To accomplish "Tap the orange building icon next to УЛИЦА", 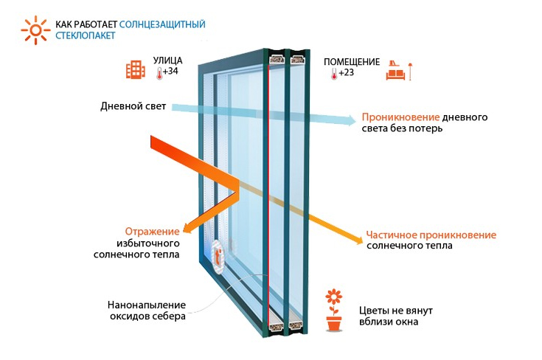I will point(135,69).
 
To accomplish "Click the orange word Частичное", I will point(389,235).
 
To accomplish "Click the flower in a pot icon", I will point(334,311).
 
